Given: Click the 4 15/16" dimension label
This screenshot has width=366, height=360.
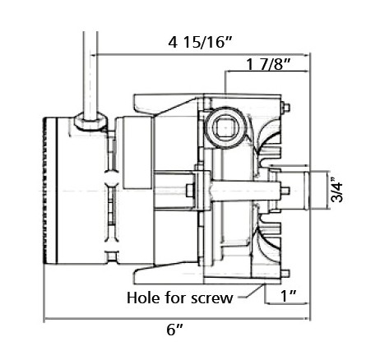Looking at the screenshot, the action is point(201,43).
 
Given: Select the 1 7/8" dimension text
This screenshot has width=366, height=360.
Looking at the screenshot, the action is point(268,65).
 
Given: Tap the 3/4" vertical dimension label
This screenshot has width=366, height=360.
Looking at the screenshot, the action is point(337,190).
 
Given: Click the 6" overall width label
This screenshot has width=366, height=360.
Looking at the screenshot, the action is point(174,330).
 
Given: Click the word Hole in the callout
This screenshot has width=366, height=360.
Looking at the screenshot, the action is point(144,298).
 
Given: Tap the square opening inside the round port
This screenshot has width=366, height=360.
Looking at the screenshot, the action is point(225,128).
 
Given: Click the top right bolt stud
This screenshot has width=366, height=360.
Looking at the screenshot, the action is point(285,107).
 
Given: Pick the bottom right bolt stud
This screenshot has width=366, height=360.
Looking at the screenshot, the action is point(285,274).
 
